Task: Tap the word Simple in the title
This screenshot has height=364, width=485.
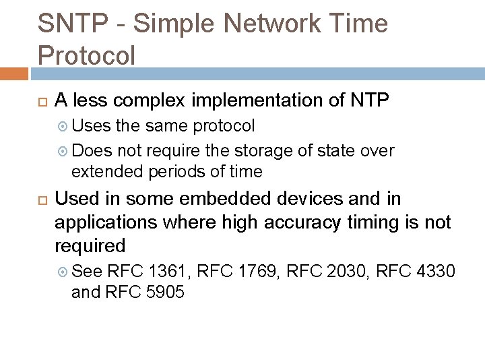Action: [168, 24]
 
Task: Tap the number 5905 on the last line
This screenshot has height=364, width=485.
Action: [164, 292]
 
